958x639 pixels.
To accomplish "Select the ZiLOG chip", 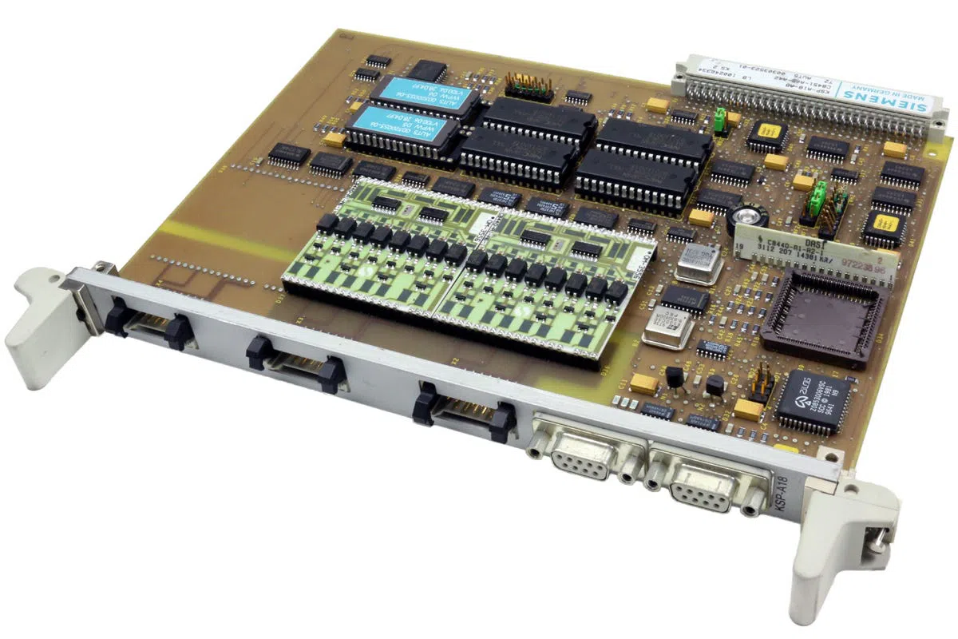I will pyautogui.click(x=817, y=400).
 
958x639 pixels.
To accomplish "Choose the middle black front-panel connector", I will pyautogui.click(x=295, y=363).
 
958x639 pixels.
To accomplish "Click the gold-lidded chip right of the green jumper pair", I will pyautogui.click(x=883, y=227).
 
